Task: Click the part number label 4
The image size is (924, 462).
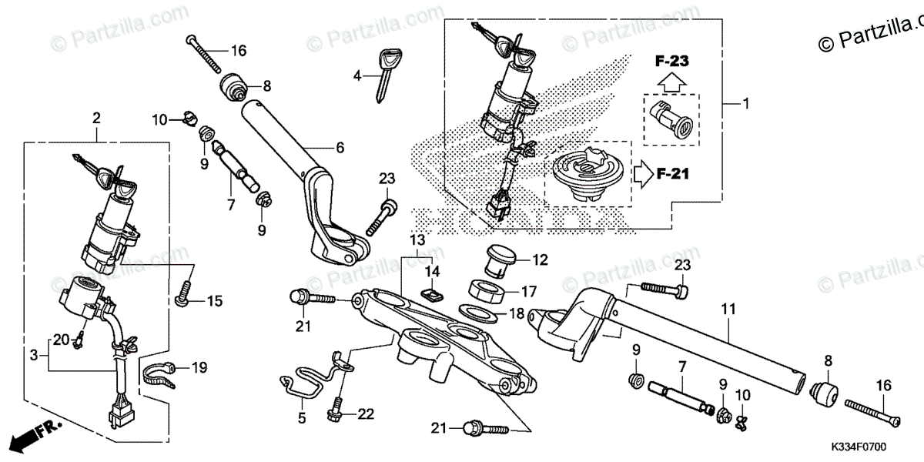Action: pos(357,75)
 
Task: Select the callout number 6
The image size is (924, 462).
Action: pos(340,148)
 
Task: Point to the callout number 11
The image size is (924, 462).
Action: pos(728,309)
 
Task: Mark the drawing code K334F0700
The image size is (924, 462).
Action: pos(857,446)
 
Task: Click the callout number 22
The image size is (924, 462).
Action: pos(365,413)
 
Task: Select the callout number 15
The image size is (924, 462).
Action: pos(214,300)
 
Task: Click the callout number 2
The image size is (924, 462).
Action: pos(96,118)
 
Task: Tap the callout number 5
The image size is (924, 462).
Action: pos(302,419)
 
